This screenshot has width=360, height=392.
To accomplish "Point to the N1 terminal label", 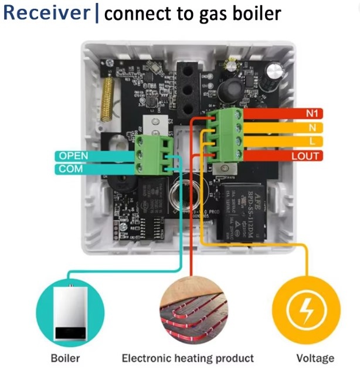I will point(312,114).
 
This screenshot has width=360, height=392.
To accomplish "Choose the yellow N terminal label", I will point(312,128).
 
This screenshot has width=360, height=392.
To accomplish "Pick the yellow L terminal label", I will point(312,141).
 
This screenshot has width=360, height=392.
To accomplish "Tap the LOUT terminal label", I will point(305,155).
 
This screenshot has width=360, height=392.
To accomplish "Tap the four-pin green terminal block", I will point(226,135).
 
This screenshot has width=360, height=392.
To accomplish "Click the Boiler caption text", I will point(65,357).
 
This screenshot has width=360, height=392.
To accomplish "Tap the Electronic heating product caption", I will point(188,357).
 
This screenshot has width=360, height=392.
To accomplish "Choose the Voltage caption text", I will point(315,357).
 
